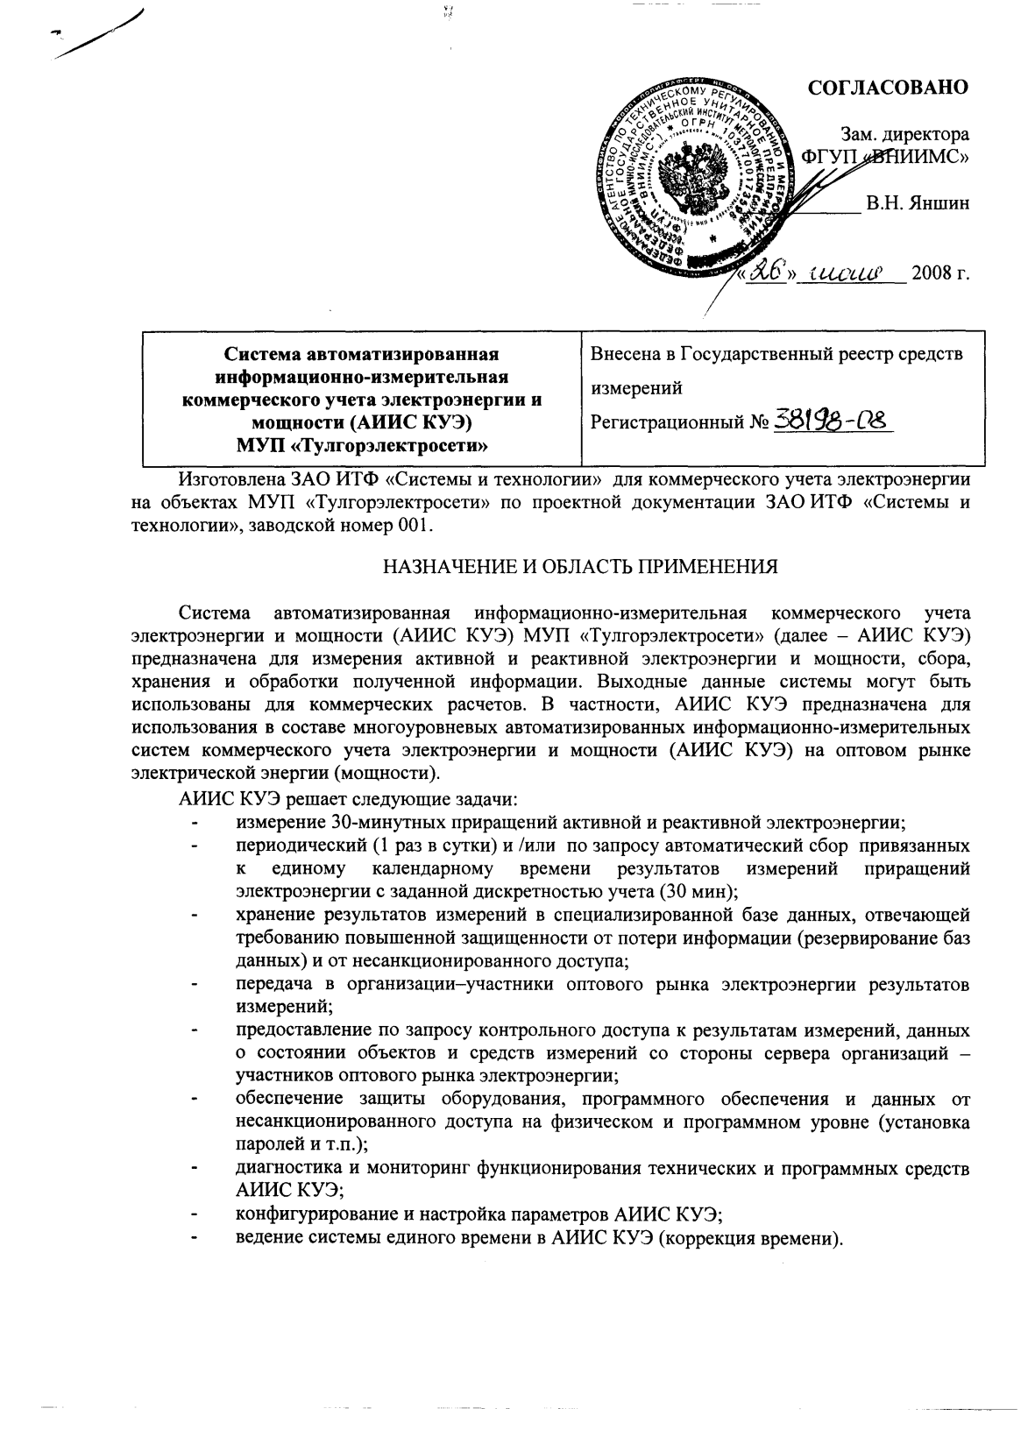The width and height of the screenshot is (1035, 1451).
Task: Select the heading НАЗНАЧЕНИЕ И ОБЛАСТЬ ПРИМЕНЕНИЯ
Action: [x=579, y=566]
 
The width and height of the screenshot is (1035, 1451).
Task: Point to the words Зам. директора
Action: [x=904, y=135]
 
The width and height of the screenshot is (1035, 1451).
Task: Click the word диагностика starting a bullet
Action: [x=285, y=1168]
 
